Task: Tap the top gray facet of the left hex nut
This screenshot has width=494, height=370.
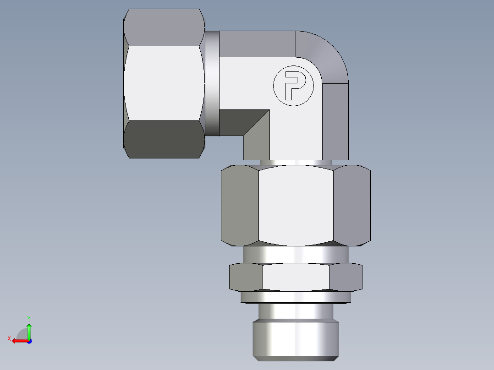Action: tap(164, 27)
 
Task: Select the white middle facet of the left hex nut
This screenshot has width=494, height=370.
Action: tap(164, 83)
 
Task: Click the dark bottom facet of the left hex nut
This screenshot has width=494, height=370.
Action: tap(164, 139)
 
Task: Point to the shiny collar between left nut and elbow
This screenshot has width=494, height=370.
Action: tap(212, 83)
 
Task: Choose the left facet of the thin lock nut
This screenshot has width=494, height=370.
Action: tap(246, 277)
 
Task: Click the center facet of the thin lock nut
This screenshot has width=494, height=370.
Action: tap(296, 277)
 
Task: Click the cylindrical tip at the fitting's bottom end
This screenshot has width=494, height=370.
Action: tap(296, 339)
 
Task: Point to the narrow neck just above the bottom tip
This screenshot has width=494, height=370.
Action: tap(296, 312)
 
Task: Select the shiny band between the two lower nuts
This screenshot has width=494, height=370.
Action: tap(296, 254)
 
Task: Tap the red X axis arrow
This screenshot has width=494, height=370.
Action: tap(17, 340)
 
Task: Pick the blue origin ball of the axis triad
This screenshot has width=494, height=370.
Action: tap(29, 341)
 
